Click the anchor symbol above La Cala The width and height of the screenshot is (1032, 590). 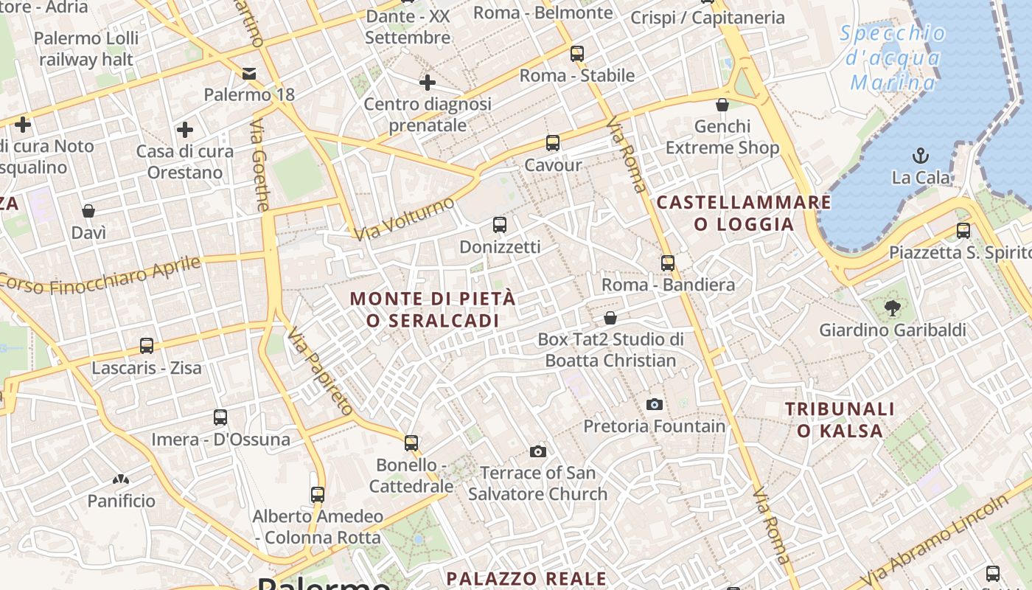[x=920, y=156]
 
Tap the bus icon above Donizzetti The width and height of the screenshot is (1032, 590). [x=500, y=225]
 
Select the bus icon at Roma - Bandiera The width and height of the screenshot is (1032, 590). [x=668, y=263]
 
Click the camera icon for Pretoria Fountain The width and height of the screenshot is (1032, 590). [x=654, y=404]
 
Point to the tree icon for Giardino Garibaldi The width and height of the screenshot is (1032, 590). [x=893, y=308]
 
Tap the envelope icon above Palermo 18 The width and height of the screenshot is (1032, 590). [x=249, y=73]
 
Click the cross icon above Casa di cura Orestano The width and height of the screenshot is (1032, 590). [x=185, y=131]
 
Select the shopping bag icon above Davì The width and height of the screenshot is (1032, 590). [x=88, y=212]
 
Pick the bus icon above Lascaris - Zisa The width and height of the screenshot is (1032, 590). [x=147, y=345]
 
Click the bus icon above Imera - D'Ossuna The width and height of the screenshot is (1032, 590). [x=220, y=417]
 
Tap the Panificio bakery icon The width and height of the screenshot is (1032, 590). [x=121, y=479]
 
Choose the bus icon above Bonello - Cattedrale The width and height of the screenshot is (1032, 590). [x=411, y=442]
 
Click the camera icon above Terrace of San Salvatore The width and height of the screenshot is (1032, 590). [x=538, y=451]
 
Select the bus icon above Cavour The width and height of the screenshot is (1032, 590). [x=553, y=143]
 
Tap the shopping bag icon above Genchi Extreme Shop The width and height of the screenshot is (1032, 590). [x=722, y=105]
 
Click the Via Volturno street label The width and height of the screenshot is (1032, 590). [x=404, y=218]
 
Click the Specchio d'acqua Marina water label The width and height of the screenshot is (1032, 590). [x=893, y=58]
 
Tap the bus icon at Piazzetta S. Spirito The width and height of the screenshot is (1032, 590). [x=963, y=231]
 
